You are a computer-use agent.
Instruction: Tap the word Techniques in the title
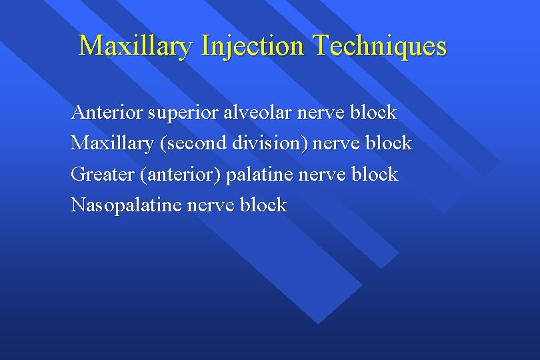379,46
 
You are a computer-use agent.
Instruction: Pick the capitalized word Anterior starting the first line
107,112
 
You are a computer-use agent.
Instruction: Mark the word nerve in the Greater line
321,175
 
